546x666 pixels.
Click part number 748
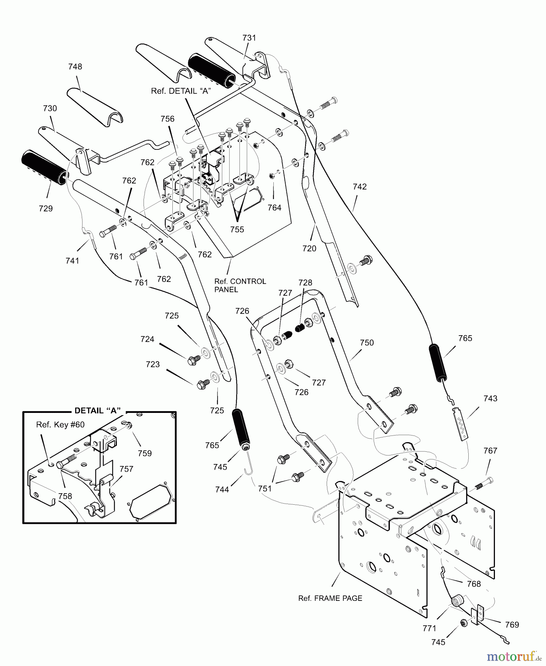[x=75, y=67]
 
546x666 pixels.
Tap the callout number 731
[x=249, y=38]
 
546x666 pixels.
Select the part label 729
[x=45, y=208]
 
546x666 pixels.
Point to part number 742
[x=360, y=186]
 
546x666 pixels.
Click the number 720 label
[x=309, y=248]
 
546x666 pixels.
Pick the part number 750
[x=367, y=343]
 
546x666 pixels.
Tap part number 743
[x=490, y=398]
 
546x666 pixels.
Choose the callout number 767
[x=490, y=451]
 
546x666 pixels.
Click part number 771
[x=429, y=628]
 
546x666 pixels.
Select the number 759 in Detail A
[x=145, y=453]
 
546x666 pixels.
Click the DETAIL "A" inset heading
[x=98, y=411]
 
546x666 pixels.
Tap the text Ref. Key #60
[x=60, y=425]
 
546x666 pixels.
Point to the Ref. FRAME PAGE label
[x=330, y=598]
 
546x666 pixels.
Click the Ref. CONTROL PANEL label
[x=240, y=285]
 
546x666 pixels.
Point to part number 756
[x=167, y=119]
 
